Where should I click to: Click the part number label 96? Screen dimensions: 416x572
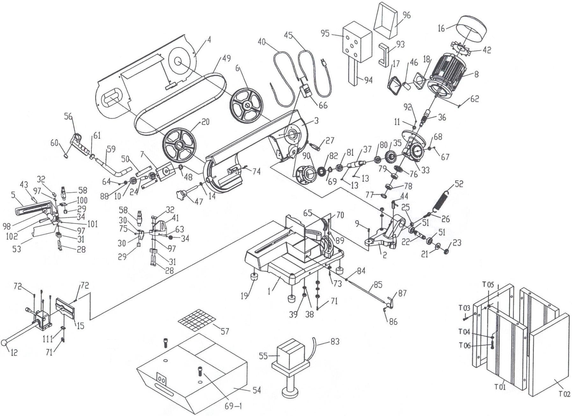pos(406,15)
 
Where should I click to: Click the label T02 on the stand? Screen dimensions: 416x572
pos(564,394)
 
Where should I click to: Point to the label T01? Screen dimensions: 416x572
pos(500,387)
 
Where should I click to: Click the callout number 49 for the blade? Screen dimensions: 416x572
pos(226,58)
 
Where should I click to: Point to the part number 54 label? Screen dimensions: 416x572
pos(256,390)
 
